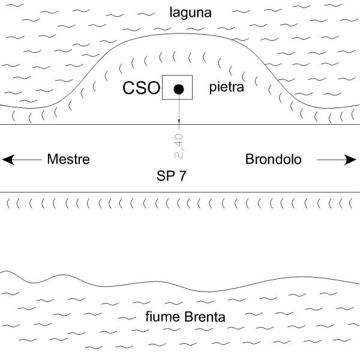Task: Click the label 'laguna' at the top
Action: [190, 11]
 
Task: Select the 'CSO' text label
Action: [142, 89]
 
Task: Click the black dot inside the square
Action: [178, 89]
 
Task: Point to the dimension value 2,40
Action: [178, 145]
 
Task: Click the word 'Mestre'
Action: [68, 160]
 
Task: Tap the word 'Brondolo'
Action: [273, 160]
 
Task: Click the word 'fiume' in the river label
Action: [160, 317]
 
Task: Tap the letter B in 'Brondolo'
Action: [249, 160]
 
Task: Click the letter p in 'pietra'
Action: [212, 89]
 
